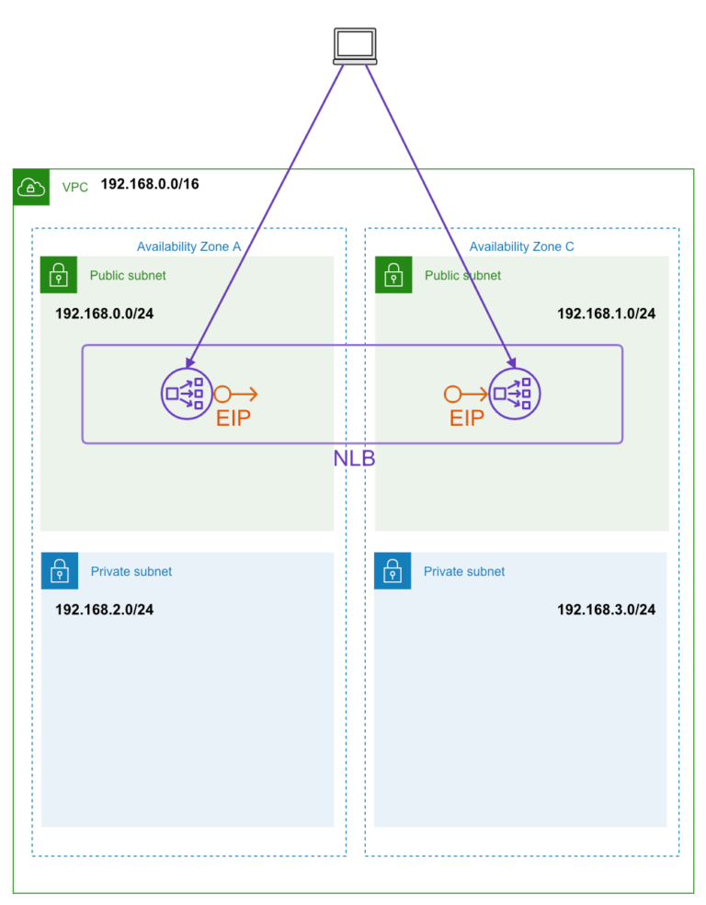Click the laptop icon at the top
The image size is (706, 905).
click(x=354, y=46)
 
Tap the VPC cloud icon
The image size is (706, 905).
click(x=31, y=188)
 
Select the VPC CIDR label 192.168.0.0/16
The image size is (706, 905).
click(x=150, y=185)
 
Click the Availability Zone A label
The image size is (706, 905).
click(x=188, y=246)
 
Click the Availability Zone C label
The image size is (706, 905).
click(x=521, y=246)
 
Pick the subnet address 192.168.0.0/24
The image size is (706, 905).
click(x=105, y=314)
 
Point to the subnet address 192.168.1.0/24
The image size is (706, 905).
click(x=606, y=314)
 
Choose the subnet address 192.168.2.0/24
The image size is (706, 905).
click(x=105, y=610)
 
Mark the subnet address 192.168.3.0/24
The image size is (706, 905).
click(x=606, y=610)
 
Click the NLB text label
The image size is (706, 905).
click(x=354, y=459)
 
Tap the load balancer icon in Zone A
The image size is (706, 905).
click(x=186, y=394)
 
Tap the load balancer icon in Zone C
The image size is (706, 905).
click(x=514, y=394)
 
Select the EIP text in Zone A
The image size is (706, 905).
click(x=233, y=418)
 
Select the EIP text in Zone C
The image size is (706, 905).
click(x=467, y=418)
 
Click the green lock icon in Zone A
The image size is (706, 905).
click(x=59, y=275)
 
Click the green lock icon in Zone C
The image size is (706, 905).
click(x=393, y=275)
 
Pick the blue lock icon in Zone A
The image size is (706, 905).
click(x=59, y=571)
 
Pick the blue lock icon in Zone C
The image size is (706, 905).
click(x=393, y=571)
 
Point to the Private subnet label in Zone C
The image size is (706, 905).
click(x=464, y=571)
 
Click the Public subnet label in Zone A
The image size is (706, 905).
click(x=128, y=275)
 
